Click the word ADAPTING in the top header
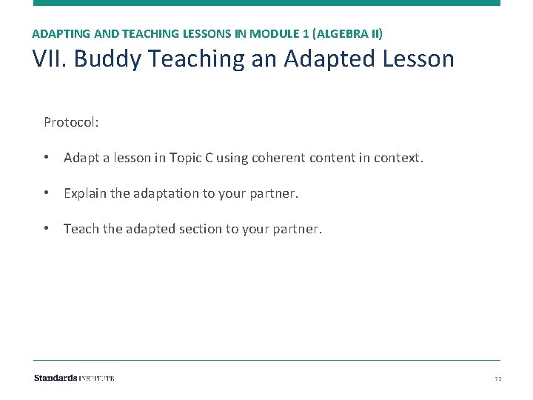coord(57,34)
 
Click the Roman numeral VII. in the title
coord(50,59)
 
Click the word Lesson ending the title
coord(418,59)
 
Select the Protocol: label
coord(71,121)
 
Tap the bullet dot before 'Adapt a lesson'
coord(47,158)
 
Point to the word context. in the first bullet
coord(399,158)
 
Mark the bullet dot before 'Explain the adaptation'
coord(47,193)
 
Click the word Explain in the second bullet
coord(85,193)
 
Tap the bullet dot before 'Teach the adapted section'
coord(47,229)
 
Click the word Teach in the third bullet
coord(81,229)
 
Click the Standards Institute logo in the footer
coord(74,378)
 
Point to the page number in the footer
coord(497,379)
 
